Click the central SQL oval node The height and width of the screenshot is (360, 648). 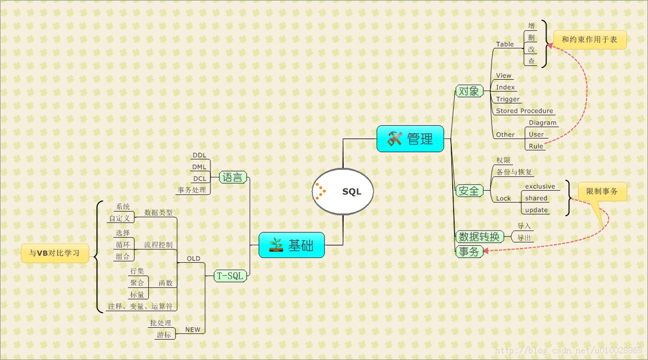[x=343, y=191]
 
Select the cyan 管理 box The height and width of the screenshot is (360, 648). [x=410, y=138]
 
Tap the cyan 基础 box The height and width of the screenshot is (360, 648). [x=292, y=245]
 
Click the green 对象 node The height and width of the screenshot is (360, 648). [x=469, y=91]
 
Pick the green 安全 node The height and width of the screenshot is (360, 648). [x=469, y=191]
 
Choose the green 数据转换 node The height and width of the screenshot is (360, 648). [x=479, y=236]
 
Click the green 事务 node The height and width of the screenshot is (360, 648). [x=469, y=252]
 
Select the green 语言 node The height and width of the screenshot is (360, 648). [x=233, y=178]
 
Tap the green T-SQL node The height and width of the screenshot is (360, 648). [x=230, y=276]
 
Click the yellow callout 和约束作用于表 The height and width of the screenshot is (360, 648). [x=589, y=40]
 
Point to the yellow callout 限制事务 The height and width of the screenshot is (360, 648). [x=602, y=192]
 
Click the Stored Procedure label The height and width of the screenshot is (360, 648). [x=524, y=111]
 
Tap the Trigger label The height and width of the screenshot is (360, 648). [x=508, y=99]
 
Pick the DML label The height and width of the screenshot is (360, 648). [x=199, y=167]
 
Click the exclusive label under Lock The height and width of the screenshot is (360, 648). [x=540, y=186]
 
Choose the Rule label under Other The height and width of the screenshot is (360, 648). [x=536, y=146]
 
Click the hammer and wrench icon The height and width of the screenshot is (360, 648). [x=395, y=138]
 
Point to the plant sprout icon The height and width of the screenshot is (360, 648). [x=276, y=245]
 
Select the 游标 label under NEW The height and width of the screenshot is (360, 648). [x=164, y=335]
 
